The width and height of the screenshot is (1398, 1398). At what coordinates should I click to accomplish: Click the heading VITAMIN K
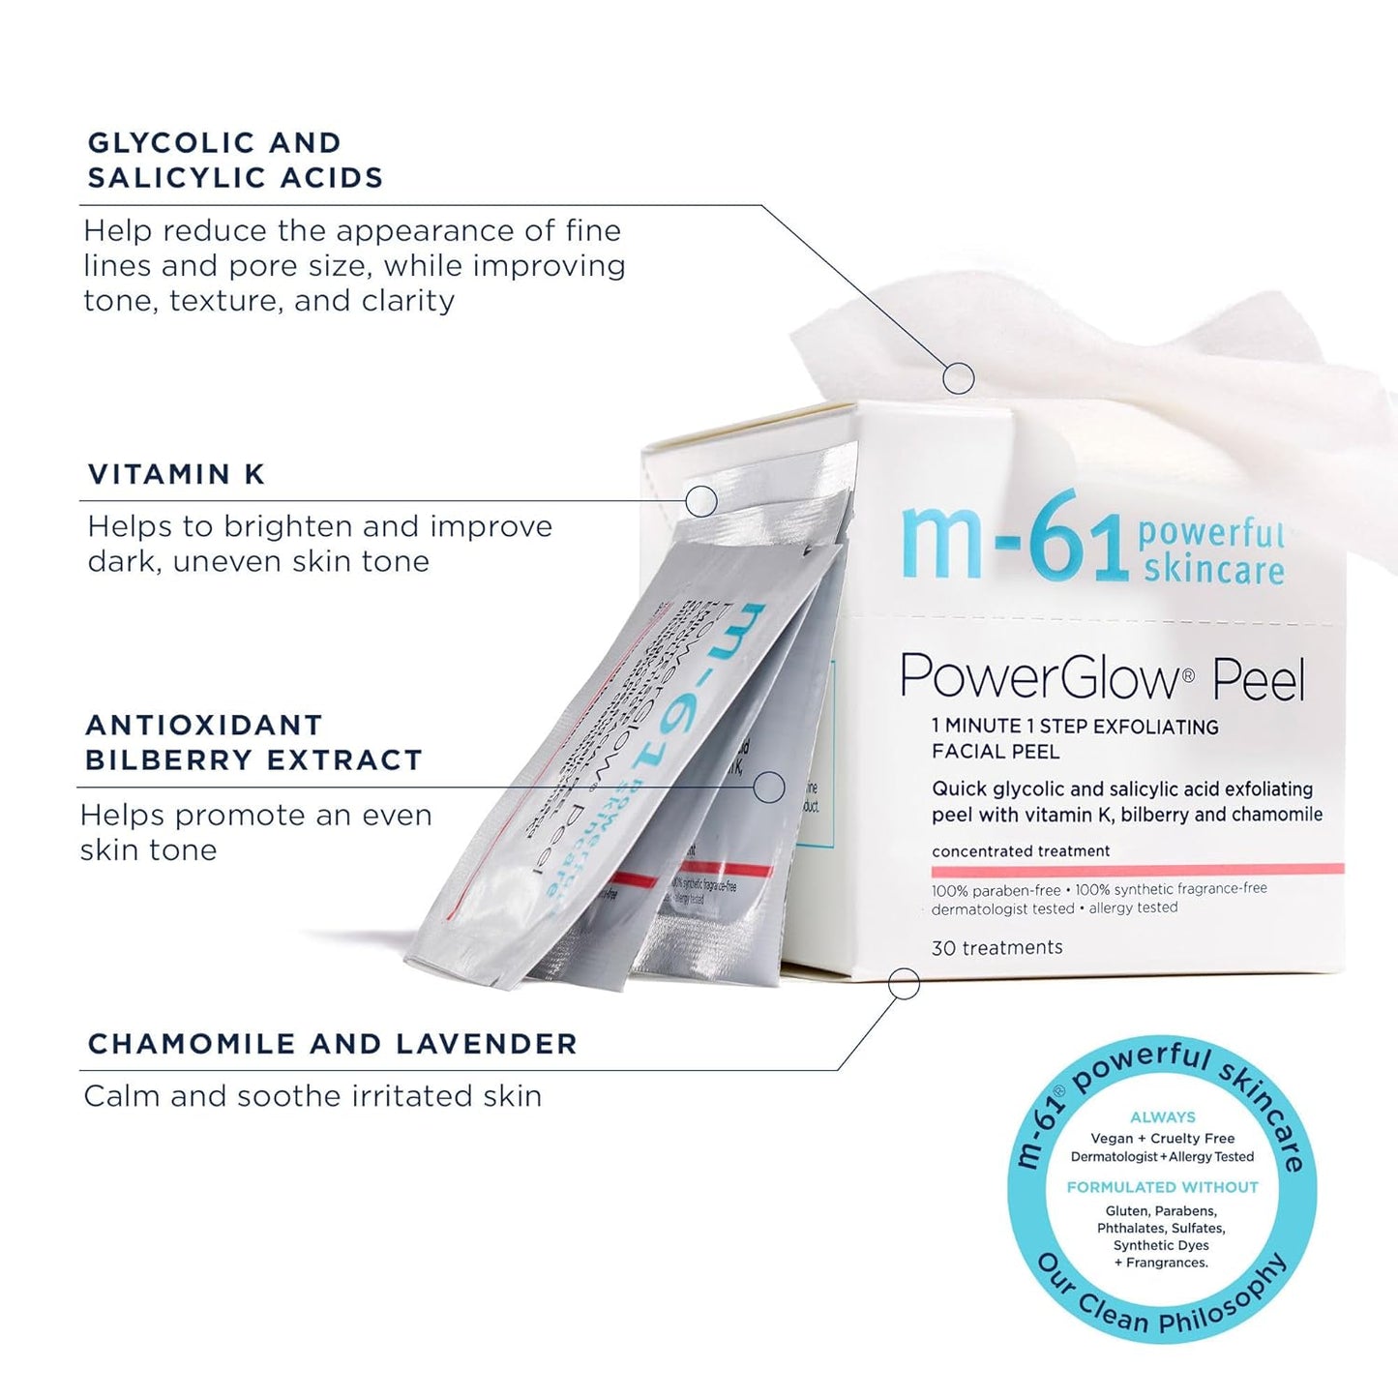(x=176, y=474)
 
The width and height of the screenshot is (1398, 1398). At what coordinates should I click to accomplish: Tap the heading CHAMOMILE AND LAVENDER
(x=332, y=1044)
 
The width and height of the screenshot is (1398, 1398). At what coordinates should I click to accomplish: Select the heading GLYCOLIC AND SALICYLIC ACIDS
(x=235, y=161)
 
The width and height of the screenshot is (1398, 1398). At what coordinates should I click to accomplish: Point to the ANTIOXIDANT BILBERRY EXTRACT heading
(x=253, y=742)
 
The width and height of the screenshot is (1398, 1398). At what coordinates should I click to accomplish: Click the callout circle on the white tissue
(x=958, y=378)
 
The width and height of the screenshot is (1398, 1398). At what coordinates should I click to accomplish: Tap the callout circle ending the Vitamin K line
(x=701, y=500)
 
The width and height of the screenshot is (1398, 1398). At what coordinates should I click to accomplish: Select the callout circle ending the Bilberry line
(x=768, y=788)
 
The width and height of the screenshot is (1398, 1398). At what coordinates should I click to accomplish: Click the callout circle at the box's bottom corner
(x=904, y=984)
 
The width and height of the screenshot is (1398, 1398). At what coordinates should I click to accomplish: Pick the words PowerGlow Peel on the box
(x=1102, y=678)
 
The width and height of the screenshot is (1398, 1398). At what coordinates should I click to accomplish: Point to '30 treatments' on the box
(x=996, y=948)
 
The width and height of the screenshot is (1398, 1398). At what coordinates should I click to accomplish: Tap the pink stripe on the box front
(x=1137, y=869)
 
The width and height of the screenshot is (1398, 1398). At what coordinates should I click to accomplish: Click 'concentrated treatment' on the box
(x=1021, y=851)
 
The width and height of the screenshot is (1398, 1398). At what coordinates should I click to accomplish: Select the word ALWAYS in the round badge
(x=1163, y=1117)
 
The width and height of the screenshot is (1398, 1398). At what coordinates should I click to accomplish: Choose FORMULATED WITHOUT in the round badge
(x=1162, y=1187)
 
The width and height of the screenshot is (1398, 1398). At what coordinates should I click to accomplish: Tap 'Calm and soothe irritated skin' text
(x=312, y=1096)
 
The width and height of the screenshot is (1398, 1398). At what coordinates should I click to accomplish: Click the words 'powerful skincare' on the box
(x=1212, y=551)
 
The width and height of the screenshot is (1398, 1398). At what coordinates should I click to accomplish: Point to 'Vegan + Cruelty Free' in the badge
(x=1162, y=1139)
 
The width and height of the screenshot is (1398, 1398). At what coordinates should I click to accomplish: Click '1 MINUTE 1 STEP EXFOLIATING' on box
(x=1075, y=727)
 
